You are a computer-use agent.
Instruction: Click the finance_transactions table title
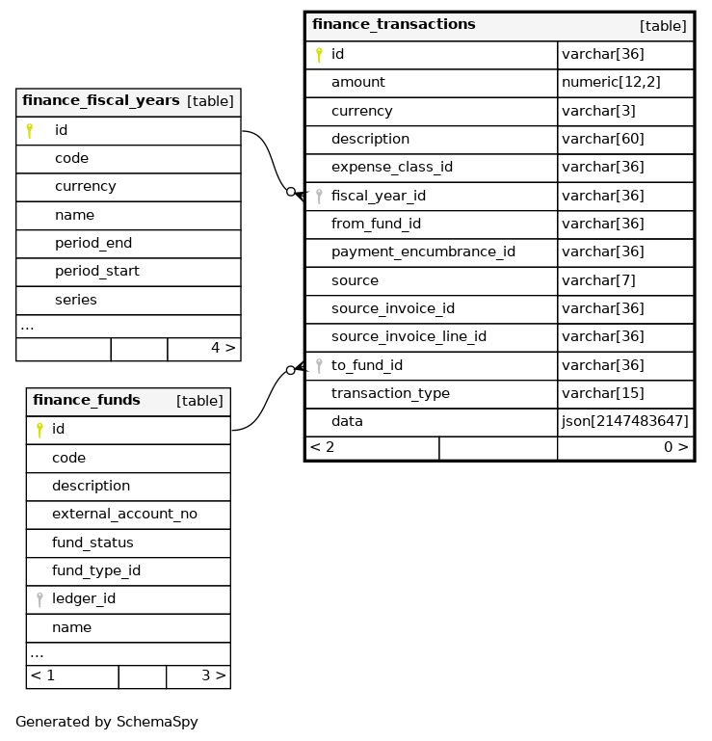click(393, 25)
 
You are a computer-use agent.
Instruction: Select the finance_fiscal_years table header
click(101, 101)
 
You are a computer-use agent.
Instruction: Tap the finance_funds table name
click(87, 401)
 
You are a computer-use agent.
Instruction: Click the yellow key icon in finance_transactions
click(319, 55)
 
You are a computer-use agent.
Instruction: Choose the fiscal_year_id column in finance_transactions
click(379, 196)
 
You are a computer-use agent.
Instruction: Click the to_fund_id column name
click(367, 365)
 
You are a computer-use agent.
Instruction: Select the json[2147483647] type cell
click(624, 422)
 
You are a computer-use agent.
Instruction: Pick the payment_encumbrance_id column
click(423, 252)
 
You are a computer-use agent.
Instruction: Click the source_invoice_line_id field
click(409, 337)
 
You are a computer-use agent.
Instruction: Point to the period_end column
click(93, 243)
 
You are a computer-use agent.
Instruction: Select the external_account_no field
click(124, 515)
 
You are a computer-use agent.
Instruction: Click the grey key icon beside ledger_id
click(40, 599)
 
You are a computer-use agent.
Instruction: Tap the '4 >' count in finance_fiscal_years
click(223, 348)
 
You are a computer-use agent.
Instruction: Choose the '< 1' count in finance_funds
click(42, 675)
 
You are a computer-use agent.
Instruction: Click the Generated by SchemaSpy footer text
click(107, 722)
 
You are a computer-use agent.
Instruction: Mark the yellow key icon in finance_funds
click(40, 430)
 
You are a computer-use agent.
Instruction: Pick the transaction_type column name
click(390, 394)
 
